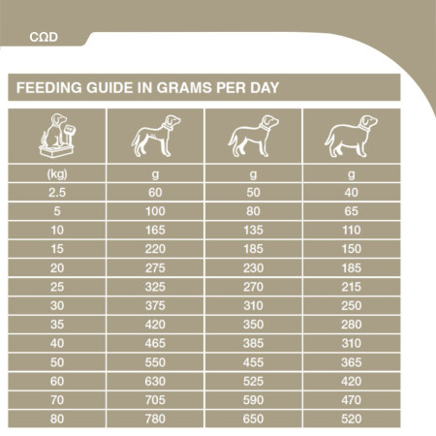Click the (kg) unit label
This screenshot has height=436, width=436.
tap(56, 174)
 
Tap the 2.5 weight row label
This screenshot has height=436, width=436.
tap(56, 192)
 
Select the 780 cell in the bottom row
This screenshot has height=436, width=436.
tap(154, 418)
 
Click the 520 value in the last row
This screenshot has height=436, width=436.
tap(351, 418)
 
